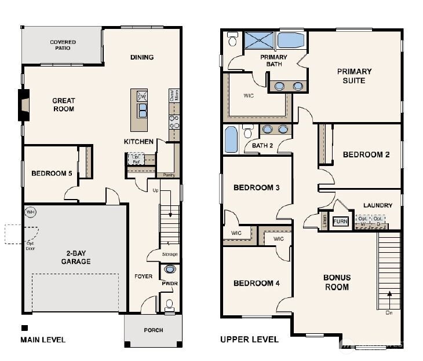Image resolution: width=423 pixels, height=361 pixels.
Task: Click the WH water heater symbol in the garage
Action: (30, 212)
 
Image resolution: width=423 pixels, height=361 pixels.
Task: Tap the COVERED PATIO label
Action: (63, 46)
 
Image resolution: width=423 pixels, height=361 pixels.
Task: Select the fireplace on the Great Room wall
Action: (23, 106)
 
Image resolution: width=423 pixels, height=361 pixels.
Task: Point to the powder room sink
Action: (170, 269)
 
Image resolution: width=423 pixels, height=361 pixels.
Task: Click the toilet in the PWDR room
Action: (169, 304)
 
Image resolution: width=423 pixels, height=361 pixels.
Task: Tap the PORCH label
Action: (153, 330)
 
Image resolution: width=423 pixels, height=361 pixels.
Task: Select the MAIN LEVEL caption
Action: (43, 340)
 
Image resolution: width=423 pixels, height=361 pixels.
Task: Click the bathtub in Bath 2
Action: (230, 139)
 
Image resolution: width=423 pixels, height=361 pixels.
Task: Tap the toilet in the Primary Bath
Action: (233, 40)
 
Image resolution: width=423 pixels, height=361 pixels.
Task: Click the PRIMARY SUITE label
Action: (354, 76)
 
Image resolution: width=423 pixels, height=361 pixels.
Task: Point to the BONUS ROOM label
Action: (337, 282)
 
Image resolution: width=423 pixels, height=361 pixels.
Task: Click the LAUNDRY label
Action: (377, 205)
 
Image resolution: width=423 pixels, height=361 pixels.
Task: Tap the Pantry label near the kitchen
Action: (169, 175)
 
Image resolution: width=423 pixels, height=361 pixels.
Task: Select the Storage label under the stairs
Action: (170, 255)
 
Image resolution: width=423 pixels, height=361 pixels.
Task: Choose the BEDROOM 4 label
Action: (256, 283)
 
